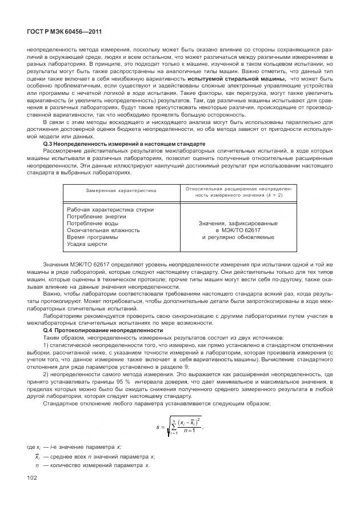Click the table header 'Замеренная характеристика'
pos(121,190)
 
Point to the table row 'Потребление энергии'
pos(97,217)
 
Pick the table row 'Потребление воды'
pos(93,223)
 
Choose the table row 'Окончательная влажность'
pos(103,230)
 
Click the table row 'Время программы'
pos(92,237)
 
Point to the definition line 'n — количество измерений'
pos(91,465)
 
